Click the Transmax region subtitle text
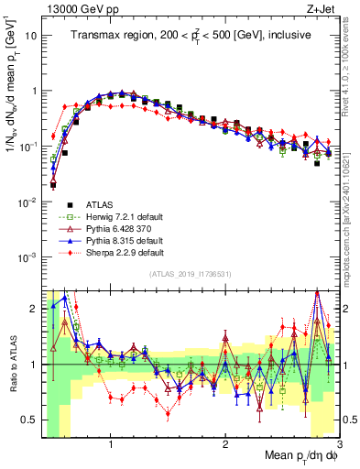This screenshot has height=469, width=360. [x=190, y=34]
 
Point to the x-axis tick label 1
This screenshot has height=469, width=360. [x=111, y=446]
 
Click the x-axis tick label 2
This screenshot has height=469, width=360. [x=225, y=446]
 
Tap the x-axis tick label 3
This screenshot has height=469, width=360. [x=339, y=446]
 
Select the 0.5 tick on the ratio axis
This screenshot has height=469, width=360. [x=30, y=420]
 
